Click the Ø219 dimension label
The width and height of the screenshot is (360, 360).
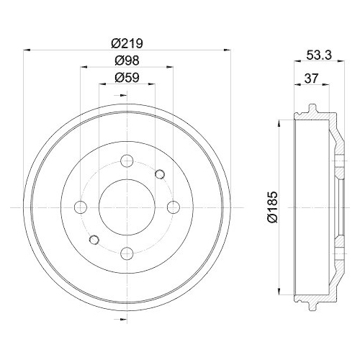tap(127, 42)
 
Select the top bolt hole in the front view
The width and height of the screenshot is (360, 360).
tap(127, 161)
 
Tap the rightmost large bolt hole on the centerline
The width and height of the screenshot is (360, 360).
tap(173, 207)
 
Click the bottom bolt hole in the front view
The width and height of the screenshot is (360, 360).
tap(127, 253)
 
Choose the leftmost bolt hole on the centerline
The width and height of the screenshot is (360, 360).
tap(81, 207)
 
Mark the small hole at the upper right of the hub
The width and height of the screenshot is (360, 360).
tap(160, 174)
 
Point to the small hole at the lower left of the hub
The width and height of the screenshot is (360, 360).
tap(93, 240)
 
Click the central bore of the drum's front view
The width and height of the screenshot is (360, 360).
tap(127, 207)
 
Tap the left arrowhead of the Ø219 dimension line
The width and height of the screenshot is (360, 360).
tap(27, 50)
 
